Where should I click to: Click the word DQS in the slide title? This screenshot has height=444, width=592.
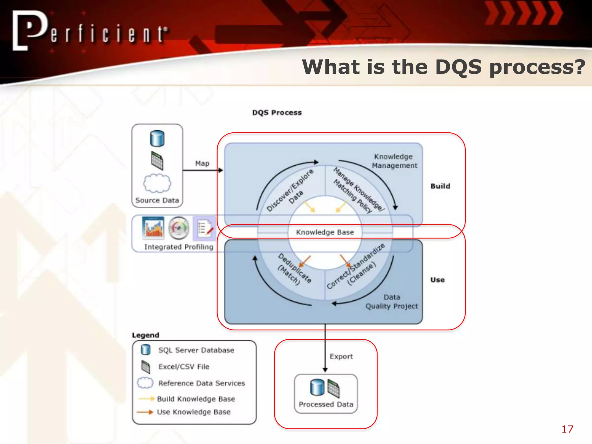coord(458,67)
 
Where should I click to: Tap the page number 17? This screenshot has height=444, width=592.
coord(567,429)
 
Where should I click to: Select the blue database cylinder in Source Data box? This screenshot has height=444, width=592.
coord(157,138)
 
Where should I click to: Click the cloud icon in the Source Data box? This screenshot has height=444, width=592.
coord(157,183)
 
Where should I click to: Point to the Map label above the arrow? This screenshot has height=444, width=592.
coord(202,164)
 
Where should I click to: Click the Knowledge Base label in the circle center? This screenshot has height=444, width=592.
coord(325,232)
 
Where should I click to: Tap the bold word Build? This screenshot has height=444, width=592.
coord(440,186)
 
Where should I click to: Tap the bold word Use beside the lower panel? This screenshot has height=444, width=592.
coord(437,280)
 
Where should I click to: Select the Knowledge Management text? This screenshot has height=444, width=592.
coord(394,161)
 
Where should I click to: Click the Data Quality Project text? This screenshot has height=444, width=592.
coord(392,302)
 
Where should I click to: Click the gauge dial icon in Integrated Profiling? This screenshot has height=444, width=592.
coord(179,228)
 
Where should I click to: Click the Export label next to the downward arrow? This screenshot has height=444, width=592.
coord(341,356)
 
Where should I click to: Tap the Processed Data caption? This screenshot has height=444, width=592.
coord(326,404)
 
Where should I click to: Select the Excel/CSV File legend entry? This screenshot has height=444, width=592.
coord(184,367)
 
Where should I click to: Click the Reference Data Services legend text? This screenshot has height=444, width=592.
coord(201,383)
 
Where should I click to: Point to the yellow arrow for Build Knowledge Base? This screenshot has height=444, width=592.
coord(147,399)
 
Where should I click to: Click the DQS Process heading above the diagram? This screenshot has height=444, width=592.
coord(277,113)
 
